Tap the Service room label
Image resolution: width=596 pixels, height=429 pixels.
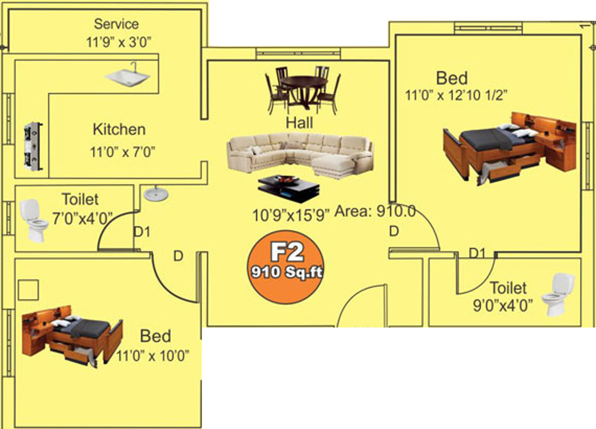click(x=116, y=24)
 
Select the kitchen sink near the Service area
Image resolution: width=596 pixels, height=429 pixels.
click(x=127, y=76)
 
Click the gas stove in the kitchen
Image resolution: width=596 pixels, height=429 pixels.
click(x=33, y=147)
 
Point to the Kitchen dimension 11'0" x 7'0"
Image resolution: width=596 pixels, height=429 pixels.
click(x=122, y=152)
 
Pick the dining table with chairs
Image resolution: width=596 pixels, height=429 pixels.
click(x=303, y=89)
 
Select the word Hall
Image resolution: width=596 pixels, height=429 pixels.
click(x=299, y=123)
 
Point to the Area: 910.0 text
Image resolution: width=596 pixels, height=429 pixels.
click(x=375, y=211)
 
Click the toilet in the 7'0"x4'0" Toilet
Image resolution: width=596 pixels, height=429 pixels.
click(x=35, y=219)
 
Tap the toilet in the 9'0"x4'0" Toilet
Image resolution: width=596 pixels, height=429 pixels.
click(x=557, y=293)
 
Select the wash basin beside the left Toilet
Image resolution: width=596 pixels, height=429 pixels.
click(x=155, y=193)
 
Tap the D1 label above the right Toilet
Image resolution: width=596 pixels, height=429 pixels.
click(x=476, y=253)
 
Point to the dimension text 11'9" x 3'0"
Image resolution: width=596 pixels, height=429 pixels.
click(x=116, y=43)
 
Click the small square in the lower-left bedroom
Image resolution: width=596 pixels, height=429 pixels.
click(x=28, y=290)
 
